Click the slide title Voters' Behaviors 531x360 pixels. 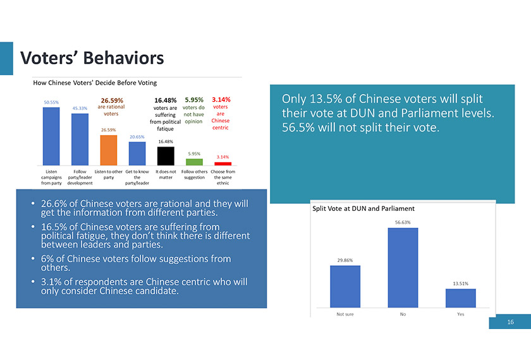pyautogui.click(x=92, y=59)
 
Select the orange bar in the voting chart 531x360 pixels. pyautogui.click(x=109, y=149)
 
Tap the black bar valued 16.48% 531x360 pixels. pyautogui.click(x=166, y=155)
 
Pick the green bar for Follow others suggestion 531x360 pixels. pyautogui.click(x=194, y=162)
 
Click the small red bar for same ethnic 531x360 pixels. pyautogui.click(x=223, y=164)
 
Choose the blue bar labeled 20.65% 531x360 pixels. pyautogui.click(x=137, y=153)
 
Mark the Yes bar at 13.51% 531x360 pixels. pyautogui.click(x=460, y=297)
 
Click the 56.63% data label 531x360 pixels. pyautogui.click(x=403, y=222)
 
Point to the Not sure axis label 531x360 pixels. pyautogui.click(x=345, y=315)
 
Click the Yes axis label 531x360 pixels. pyautogui.click(x=460, y=315)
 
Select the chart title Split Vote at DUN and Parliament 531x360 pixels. pyautogui.click(x=363, y=208)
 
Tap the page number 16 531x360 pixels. pyautogui.click(x=510, y=323)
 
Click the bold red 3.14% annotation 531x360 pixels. pyautogui.click(x=221, y=99)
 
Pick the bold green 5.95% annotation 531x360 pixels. pyautogui.click(x=193, y=99)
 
